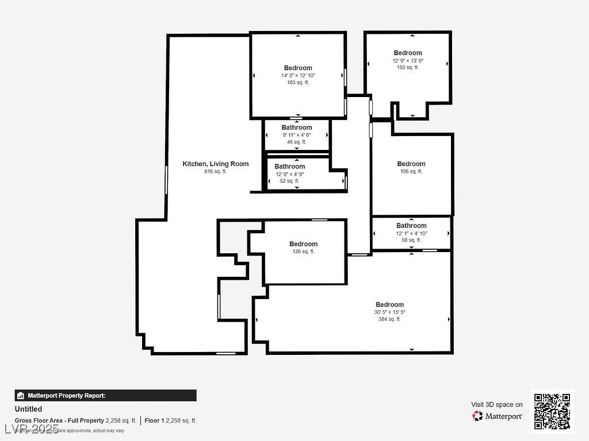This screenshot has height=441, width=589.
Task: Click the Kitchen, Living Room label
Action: [x=215, y=164]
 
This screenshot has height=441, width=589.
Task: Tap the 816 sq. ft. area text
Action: [x=215, y=172]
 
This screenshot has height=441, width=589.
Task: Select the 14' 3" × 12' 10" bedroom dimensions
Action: [x=298, y=75]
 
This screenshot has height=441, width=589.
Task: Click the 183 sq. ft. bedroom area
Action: [x=298, y=83]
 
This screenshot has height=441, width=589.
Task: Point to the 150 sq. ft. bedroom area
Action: [x=407, y=68]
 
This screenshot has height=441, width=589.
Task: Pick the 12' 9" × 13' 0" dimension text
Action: [x=407, y=60]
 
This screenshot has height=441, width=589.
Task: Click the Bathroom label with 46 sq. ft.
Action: [x=296, y=127]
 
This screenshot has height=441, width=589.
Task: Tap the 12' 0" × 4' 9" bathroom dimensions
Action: [x=289, y=174]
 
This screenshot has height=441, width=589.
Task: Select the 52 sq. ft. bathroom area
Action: [x=289, y=181]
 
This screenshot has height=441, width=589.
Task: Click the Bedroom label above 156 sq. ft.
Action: [x=411, y=164]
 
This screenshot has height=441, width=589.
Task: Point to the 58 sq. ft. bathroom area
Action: [x=411, y=240]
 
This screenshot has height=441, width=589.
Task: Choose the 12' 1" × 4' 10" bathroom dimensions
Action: [x=411, y=233]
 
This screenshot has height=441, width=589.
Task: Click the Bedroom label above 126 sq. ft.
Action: [x=303, y=244]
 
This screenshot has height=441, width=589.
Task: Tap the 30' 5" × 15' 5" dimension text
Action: [x=389, y=312]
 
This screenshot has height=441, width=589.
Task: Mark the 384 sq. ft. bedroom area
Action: [x=389, y=319]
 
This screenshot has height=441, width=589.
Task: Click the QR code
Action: [x=552, y=411]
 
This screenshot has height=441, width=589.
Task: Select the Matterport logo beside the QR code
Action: [x=498, y=416]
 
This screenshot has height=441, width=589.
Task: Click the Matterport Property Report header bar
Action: [x=105, y=396]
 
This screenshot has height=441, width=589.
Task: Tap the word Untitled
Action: [x=28, y=409]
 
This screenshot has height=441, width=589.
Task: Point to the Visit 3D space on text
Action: [x=497, y=404]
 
